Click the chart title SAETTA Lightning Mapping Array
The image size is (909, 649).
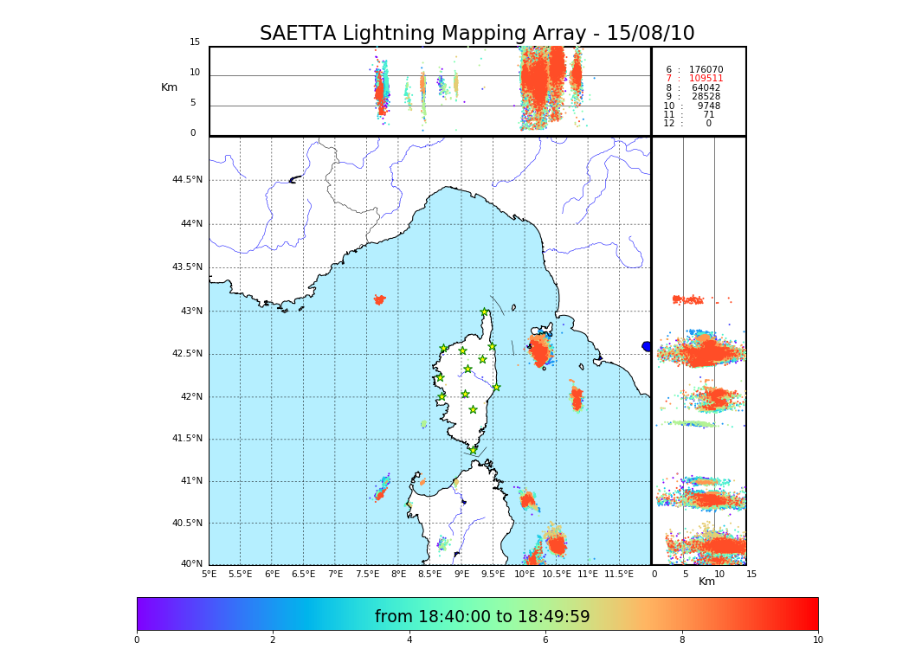pyautogui.click(x=477, y=34)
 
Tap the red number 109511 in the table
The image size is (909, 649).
pyautogui.click(x=706, y=79)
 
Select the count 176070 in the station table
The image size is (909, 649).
pyautogui.click(x=706, y=69)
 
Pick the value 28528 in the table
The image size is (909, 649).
pyautogui.click(x=706, y=97)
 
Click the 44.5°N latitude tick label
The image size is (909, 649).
pyautogui.click(x=187, y=180)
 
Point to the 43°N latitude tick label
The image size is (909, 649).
pyautogui.click(x=187, y=312)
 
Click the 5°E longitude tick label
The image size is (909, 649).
pyautogui.click(x=209, y=574)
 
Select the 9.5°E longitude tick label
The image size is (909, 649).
pyautogui.click(x=493, y=574)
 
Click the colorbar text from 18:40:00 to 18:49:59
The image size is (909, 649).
pyautogui.click(x=482, y=617)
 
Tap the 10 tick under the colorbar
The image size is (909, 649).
pyautogui.click(x=817, y=639)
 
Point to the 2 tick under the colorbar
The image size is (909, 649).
pyautogui.click(x=273, y=639)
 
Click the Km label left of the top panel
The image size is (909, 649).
pyautogui.click(x=169, y=87)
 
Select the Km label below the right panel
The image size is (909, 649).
pyautogui.click(x=706, y=582)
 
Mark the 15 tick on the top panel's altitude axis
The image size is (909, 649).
pyautogui.click(x=195, y=42)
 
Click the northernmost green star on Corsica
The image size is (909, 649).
pyautogui.click(x=485, y=312)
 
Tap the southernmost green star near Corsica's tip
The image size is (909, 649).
pyautogui.click(x=473, y=450)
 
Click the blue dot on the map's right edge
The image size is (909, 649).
pyautogui.click(x=647, y=346)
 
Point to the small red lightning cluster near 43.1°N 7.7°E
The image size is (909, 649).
pyautogui.click(x=379, y=299)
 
